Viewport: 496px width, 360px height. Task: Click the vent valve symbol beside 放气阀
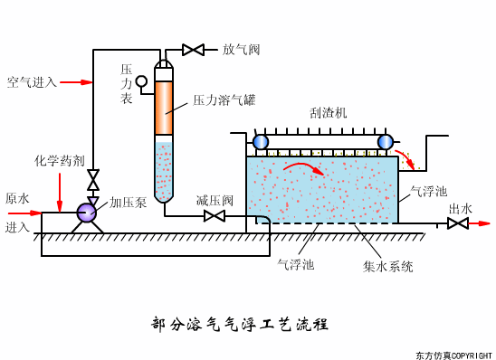click(193, 50)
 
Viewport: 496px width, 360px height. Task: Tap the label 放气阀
click(241, 50)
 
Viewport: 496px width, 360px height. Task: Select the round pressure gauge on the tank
click(141, 81)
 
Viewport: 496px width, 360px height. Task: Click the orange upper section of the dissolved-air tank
click(164, 109)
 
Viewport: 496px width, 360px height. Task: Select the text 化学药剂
click(60, 160)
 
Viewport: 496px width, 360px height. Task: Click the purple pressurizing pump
click(87, 213)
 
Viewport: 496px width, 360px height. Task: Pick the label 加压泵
click(128, 203)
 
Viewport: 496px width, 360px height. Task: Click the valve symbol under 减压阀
click(215, 216)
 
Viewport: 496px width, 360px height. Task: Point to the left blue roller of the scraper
click(261, 141)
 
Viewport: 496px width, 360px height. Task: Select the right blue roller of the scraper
click(386, 141)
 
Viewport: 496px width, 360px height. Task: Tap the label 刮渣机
click(328, 113)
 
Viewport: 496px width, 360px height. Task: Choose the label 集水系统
click(388, 267)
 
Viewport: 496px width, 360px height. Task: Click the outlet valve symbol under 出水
click(458, 223)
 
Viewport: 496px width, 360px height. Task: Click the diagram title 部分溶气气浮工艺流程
click(239, 323)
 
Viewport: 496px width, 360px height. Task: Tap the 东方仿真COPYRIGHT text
click(453, 355)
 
